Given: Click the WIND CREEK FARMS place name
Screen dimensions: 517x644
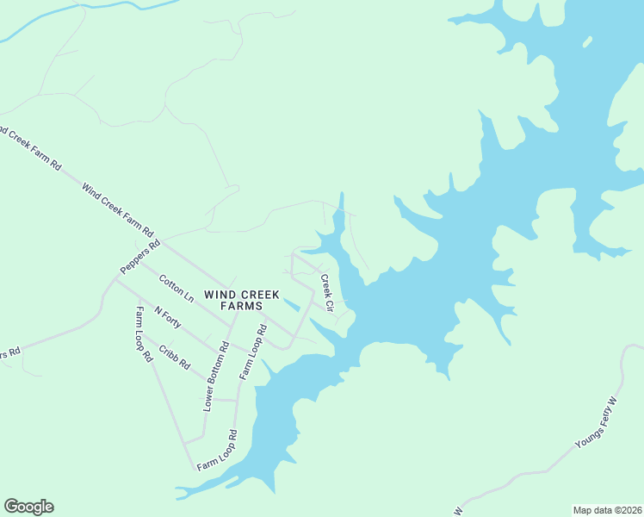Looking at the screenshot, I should click(x=241, y=300).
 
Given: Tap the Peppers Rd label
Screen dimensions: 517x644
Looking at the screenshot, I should click(x=140, y=257).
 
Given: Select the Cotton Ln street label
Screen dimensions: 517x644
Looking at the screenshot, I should click(x=176, y=289).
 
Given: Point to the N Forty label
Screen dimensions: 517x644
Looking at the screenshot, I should click(x=170, y=322).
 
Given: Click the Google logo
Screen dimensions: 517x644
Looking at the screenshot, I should click(x=28, y=507).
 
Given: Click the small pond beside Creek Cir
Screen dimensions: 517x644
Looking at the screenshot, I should click(x=292, y=304).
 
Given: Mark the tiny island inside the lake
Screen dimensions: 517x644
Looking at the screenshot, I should click(x=588, y=40).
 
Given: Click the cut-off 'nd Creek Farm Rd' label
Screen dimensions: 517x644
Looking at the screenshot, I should click(x=31, y=147).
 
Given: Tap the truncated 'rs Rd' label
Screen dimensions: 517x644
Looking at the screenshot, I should click(x=9, y=352).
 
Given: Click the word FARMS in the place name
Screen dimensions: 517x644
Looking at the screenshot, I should click(x=241, y=306).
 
